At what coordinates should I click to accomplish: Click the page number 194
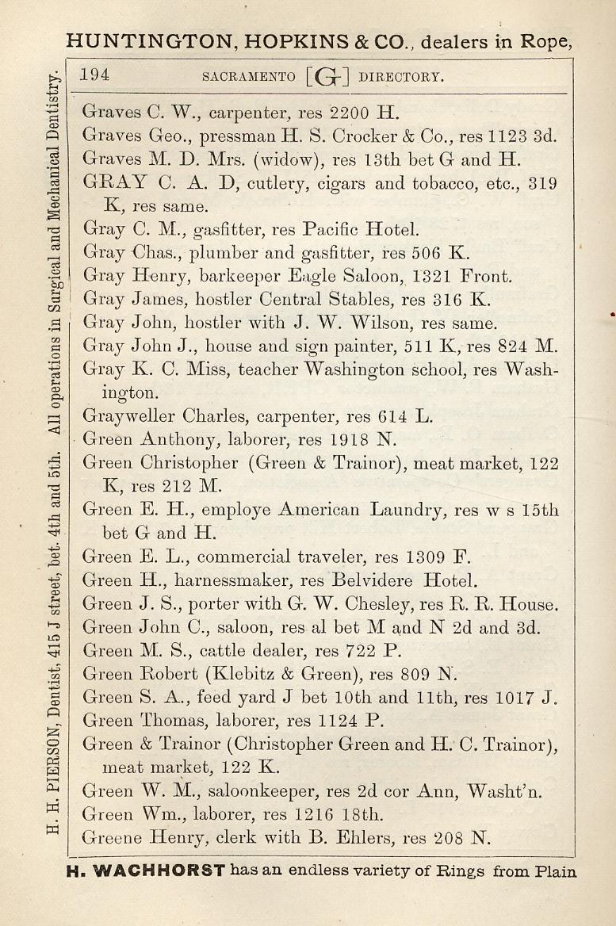tap(95, 76)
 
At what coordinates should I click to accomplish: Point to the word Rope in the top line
tap(546, 41)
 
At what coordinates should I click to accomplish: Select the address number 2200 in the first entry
tap(350, 113)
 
